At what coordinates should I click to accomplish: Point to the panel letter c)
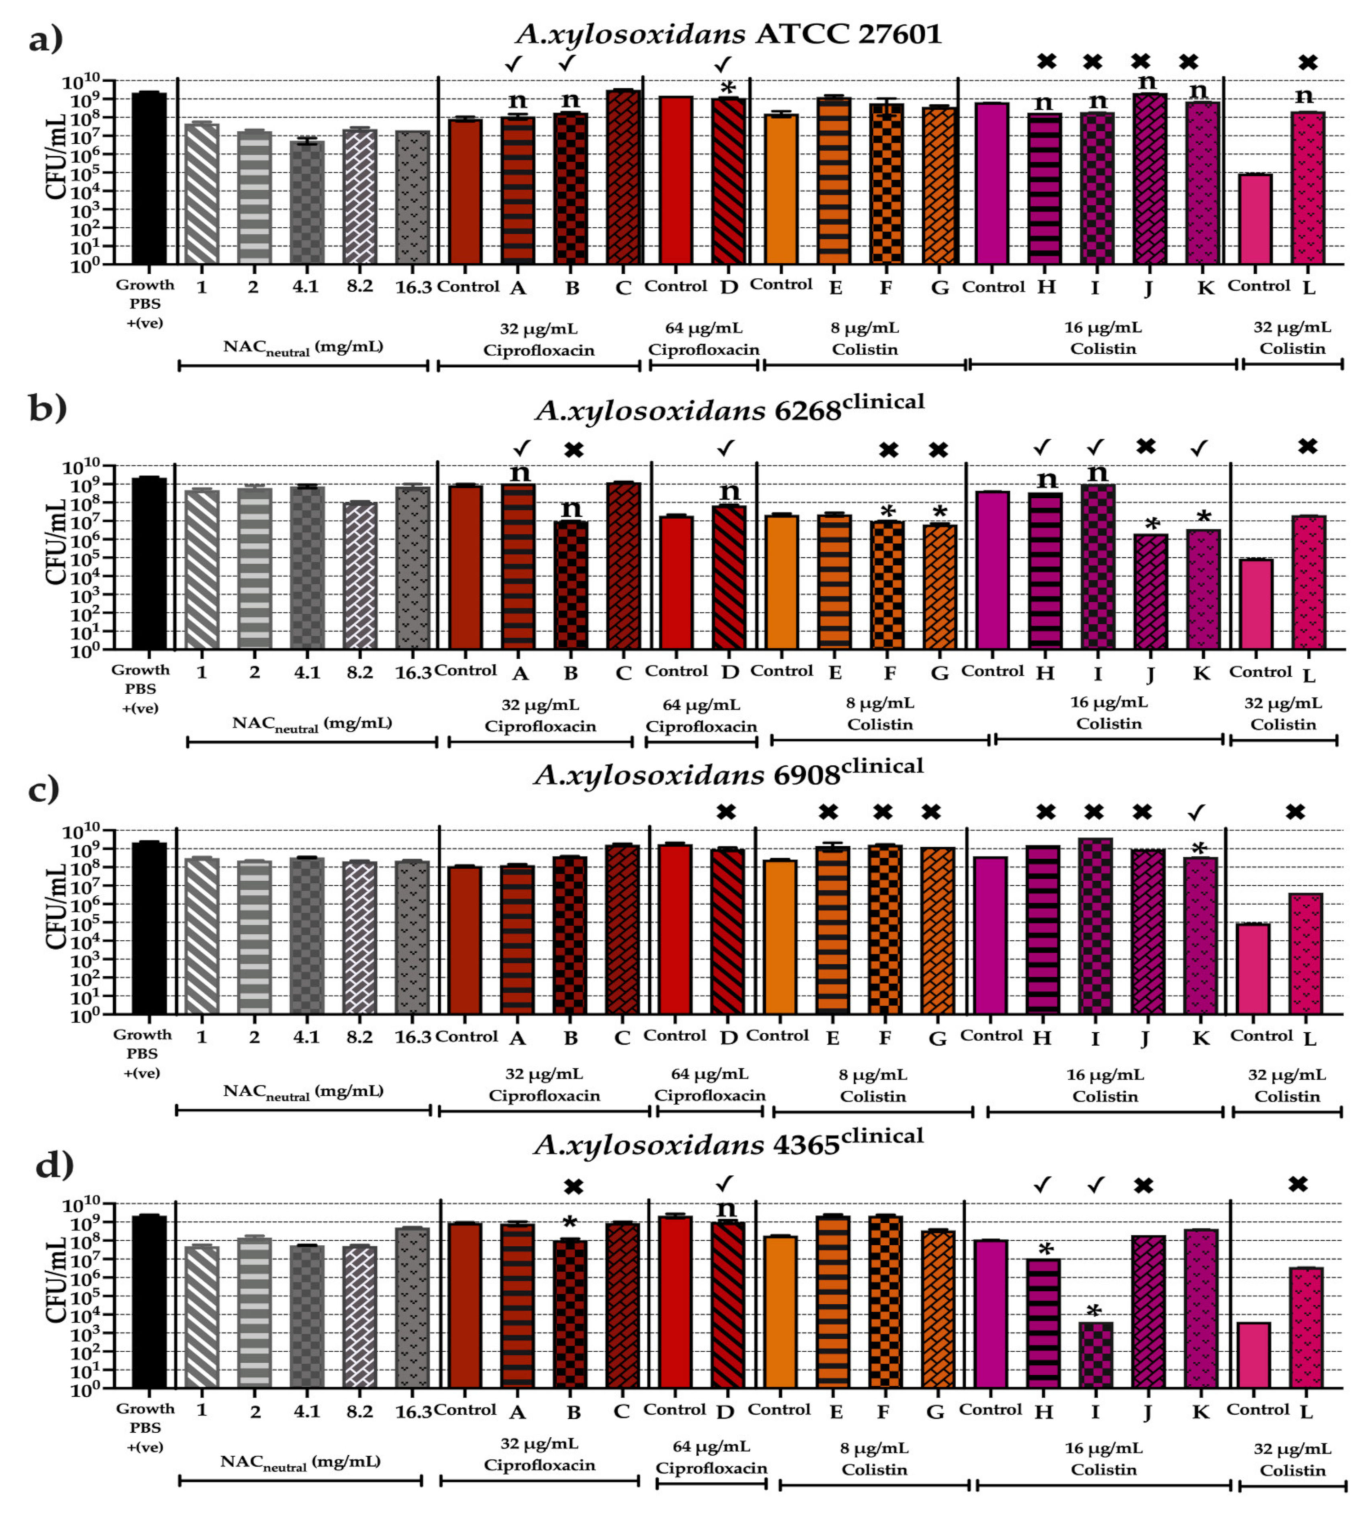click(x=43, y=791)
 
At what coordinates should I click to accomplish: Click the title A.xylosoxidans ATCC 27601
click(x=728, y=34)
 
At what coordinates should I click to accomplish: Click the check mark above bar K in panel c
click(x=1196, y=812)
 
